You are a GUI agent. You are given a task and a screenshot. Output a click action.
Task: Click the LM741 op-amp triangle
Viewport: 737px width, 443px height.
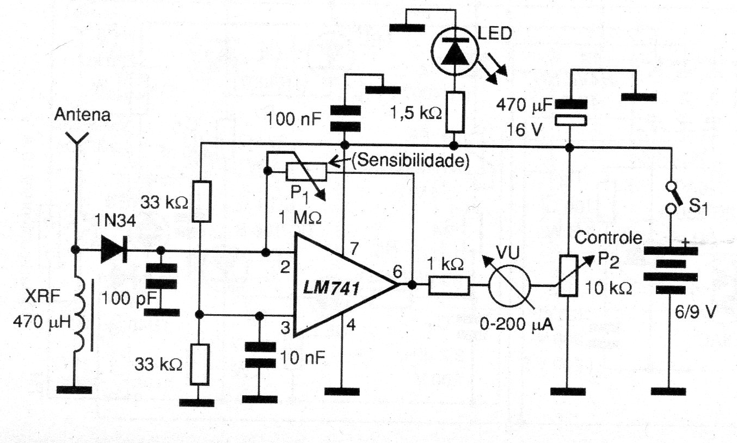tap(337, 285)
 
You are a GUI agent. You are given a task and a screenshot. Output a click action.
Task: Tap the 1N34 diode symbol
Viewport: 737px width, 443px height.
tap(113, 251)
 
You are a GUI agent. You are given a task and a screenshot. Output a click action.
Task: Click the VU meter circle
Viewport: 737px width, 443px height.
tap(509, 285)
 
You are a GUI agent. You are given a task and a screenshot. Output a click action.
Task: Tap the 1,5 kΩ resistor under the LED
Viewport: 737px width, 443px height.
tap(455, 112)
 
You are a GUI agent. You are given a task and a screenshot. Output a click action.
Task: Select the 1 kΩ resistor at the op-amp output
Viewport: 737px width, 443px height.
tap(449, 285)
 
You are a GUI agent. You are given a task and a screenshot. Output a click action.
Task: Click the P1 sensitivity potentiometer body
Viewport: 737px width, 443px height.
tap(306, 172)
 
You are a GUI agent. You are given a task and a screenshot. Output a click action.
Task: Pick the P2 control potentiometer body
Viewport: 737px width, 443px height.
tap(568, 275)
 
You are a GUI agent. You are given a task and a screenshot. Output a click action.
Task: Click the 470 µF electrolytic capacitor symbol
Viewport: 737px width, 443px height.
tap(568, 112)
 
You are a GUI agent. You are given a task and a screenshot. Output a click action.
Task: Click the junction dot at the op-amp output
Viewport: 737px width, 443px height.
tap(413, 285)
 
